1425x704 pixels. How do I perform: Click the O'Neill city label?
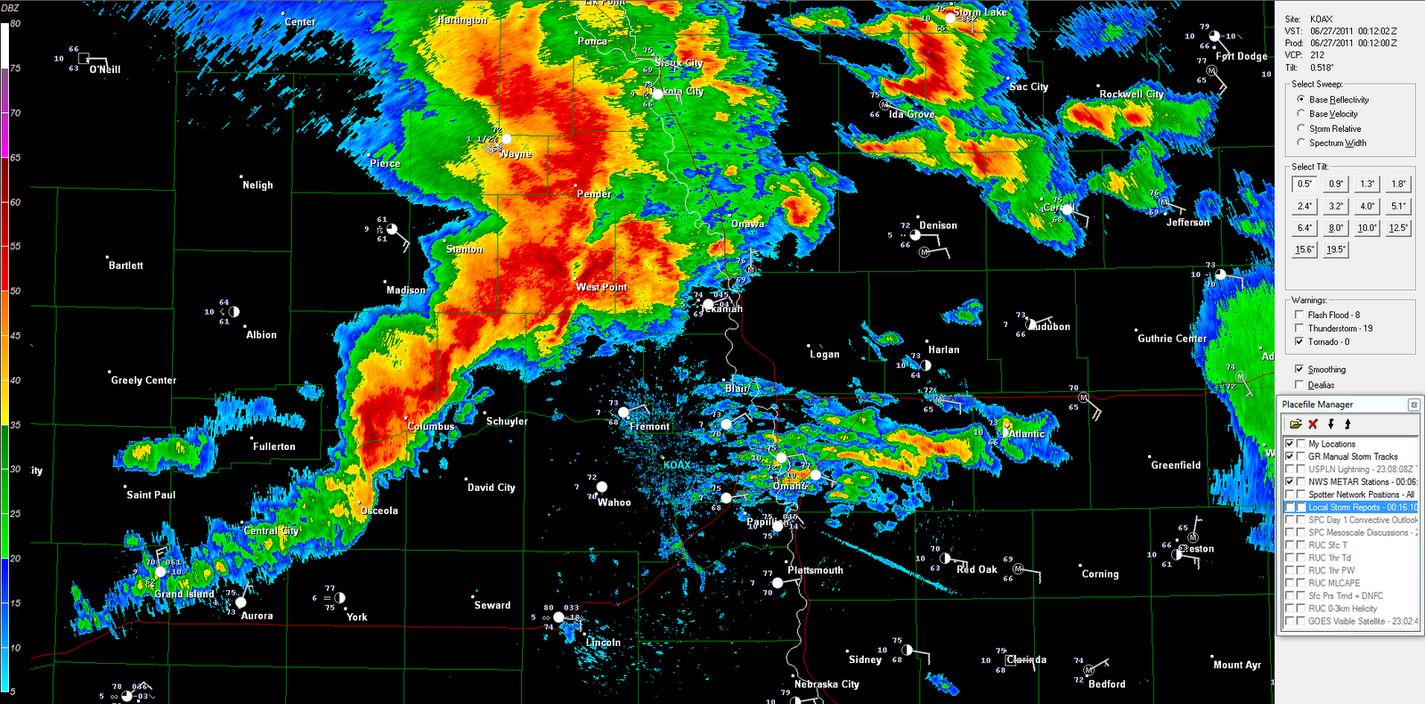click(x=105, y=70)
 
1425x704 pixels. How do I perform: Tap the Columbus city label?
click(x=431, y=427)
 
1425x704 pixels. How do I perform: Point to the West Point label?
click(x=601, y=287)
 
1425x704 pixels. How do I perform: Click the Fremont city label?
click(x=649, y=427)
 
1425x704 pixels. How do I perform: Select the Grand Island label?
click(x=184, y=593)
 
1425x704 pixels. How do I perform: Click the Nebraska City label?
click(x=826, y=684)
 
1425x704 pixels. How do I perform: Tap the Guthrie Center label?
click(x=1172, y=339)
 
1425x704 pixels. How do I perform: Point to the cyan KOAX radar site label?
click(x=677, y=465)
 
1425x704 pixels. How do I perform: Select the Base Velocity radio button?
click(x=1301, y=114)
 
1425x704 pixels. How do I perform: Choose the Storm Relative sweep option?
click(x=1301, y=128)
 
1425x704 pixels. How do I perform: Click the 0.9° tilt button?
click(x=1336, y=184)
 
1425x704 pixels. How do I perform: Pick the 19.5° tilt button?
click(x=1336, y=250)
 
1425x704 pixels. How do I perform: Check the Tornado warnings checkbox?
click(x=1299, y=341)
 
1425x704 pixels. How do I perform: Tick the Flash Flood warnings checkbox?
click(x=1299, y=315)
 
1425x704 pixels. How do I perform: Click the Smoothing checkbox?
click(x=1299, y=369)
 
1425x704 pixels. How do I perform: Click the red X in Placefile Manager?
click(x=1313, y=424)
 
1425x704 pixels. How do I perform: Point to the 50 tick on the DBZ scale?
click(x=15, y=291)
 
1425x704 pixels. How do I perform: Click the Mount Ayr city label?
click(x=1237, y=665)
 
